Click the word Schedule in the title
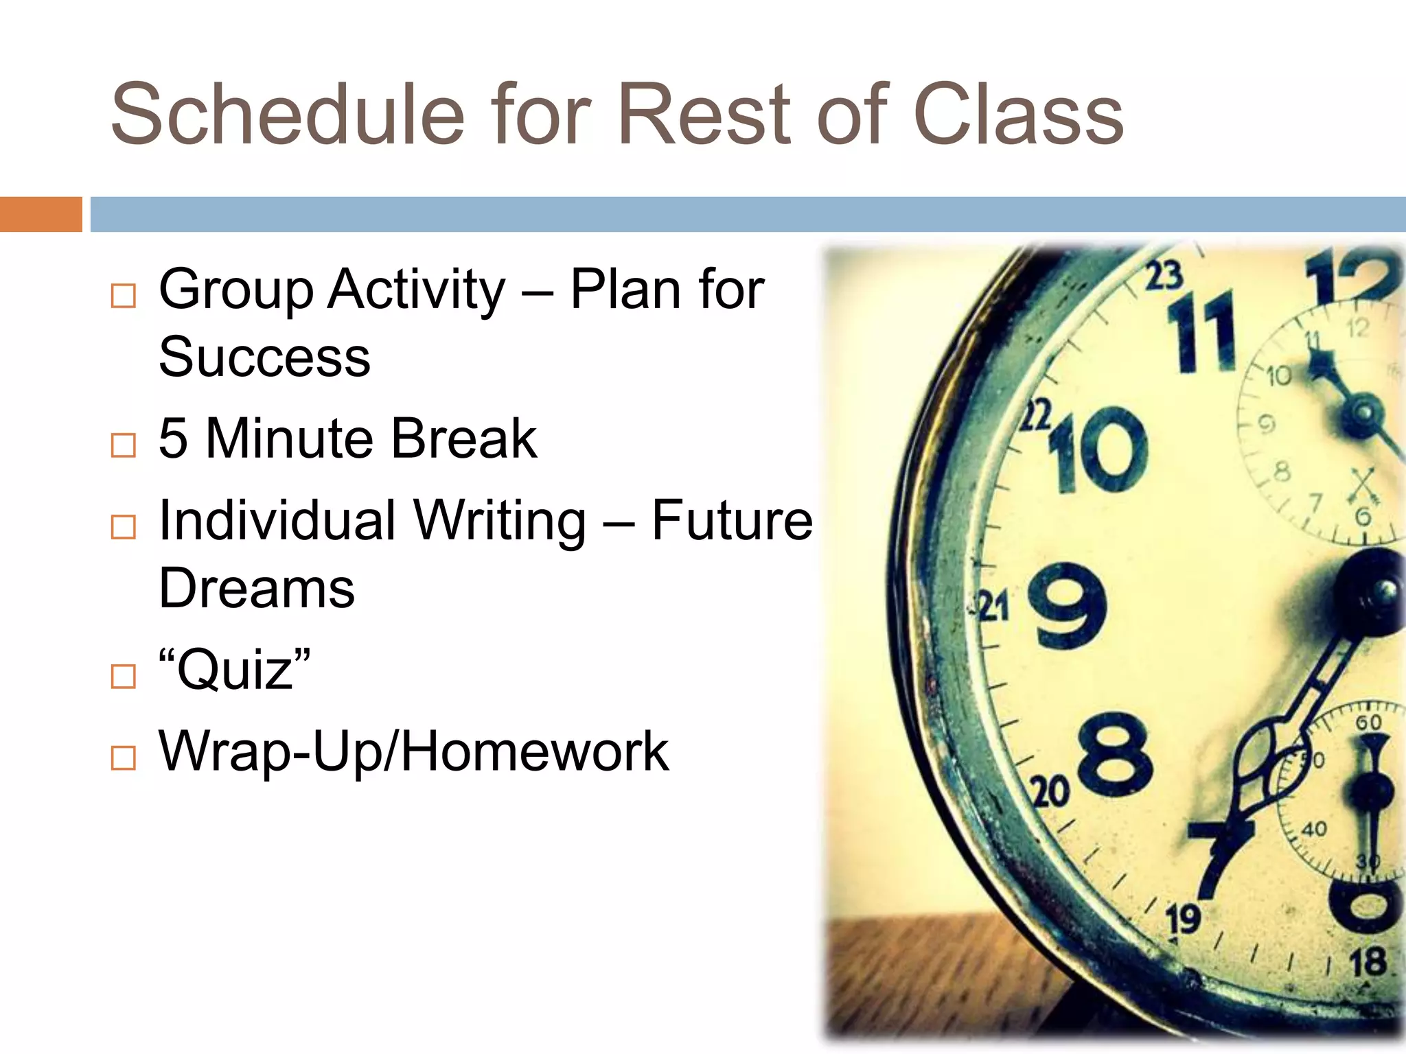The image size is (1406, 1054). pos(288,115)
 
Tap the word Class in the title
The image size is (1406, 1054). pos(1019,115)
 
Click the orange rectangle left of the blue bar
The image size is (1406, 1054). pos(41,214)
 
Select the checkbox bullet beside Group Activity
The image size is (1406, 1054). pos(123,296)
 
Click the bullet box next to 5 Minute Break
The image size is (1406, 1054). pos(123,445)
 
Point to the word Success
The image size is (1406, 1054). pos(264,358)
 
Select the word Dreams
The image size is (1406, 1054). pos(257,589)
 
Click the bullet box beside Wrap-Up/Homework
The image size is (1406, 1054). pos(123,758)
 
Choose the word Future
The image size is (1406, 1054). pos(732,520)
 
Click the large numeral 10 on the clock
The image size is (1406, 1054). pos(1098,449)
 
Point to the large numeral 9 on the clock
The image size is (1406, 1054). pos(1068,606)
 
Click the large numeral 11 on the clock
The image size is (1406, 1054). pos(1201,333)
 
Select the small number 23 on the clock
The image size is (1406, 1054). pos(1164,275)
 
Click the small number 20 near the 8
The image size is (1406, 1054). pos(1050,792)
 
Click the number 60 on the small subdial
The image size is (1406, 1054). pos(1368,722)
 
